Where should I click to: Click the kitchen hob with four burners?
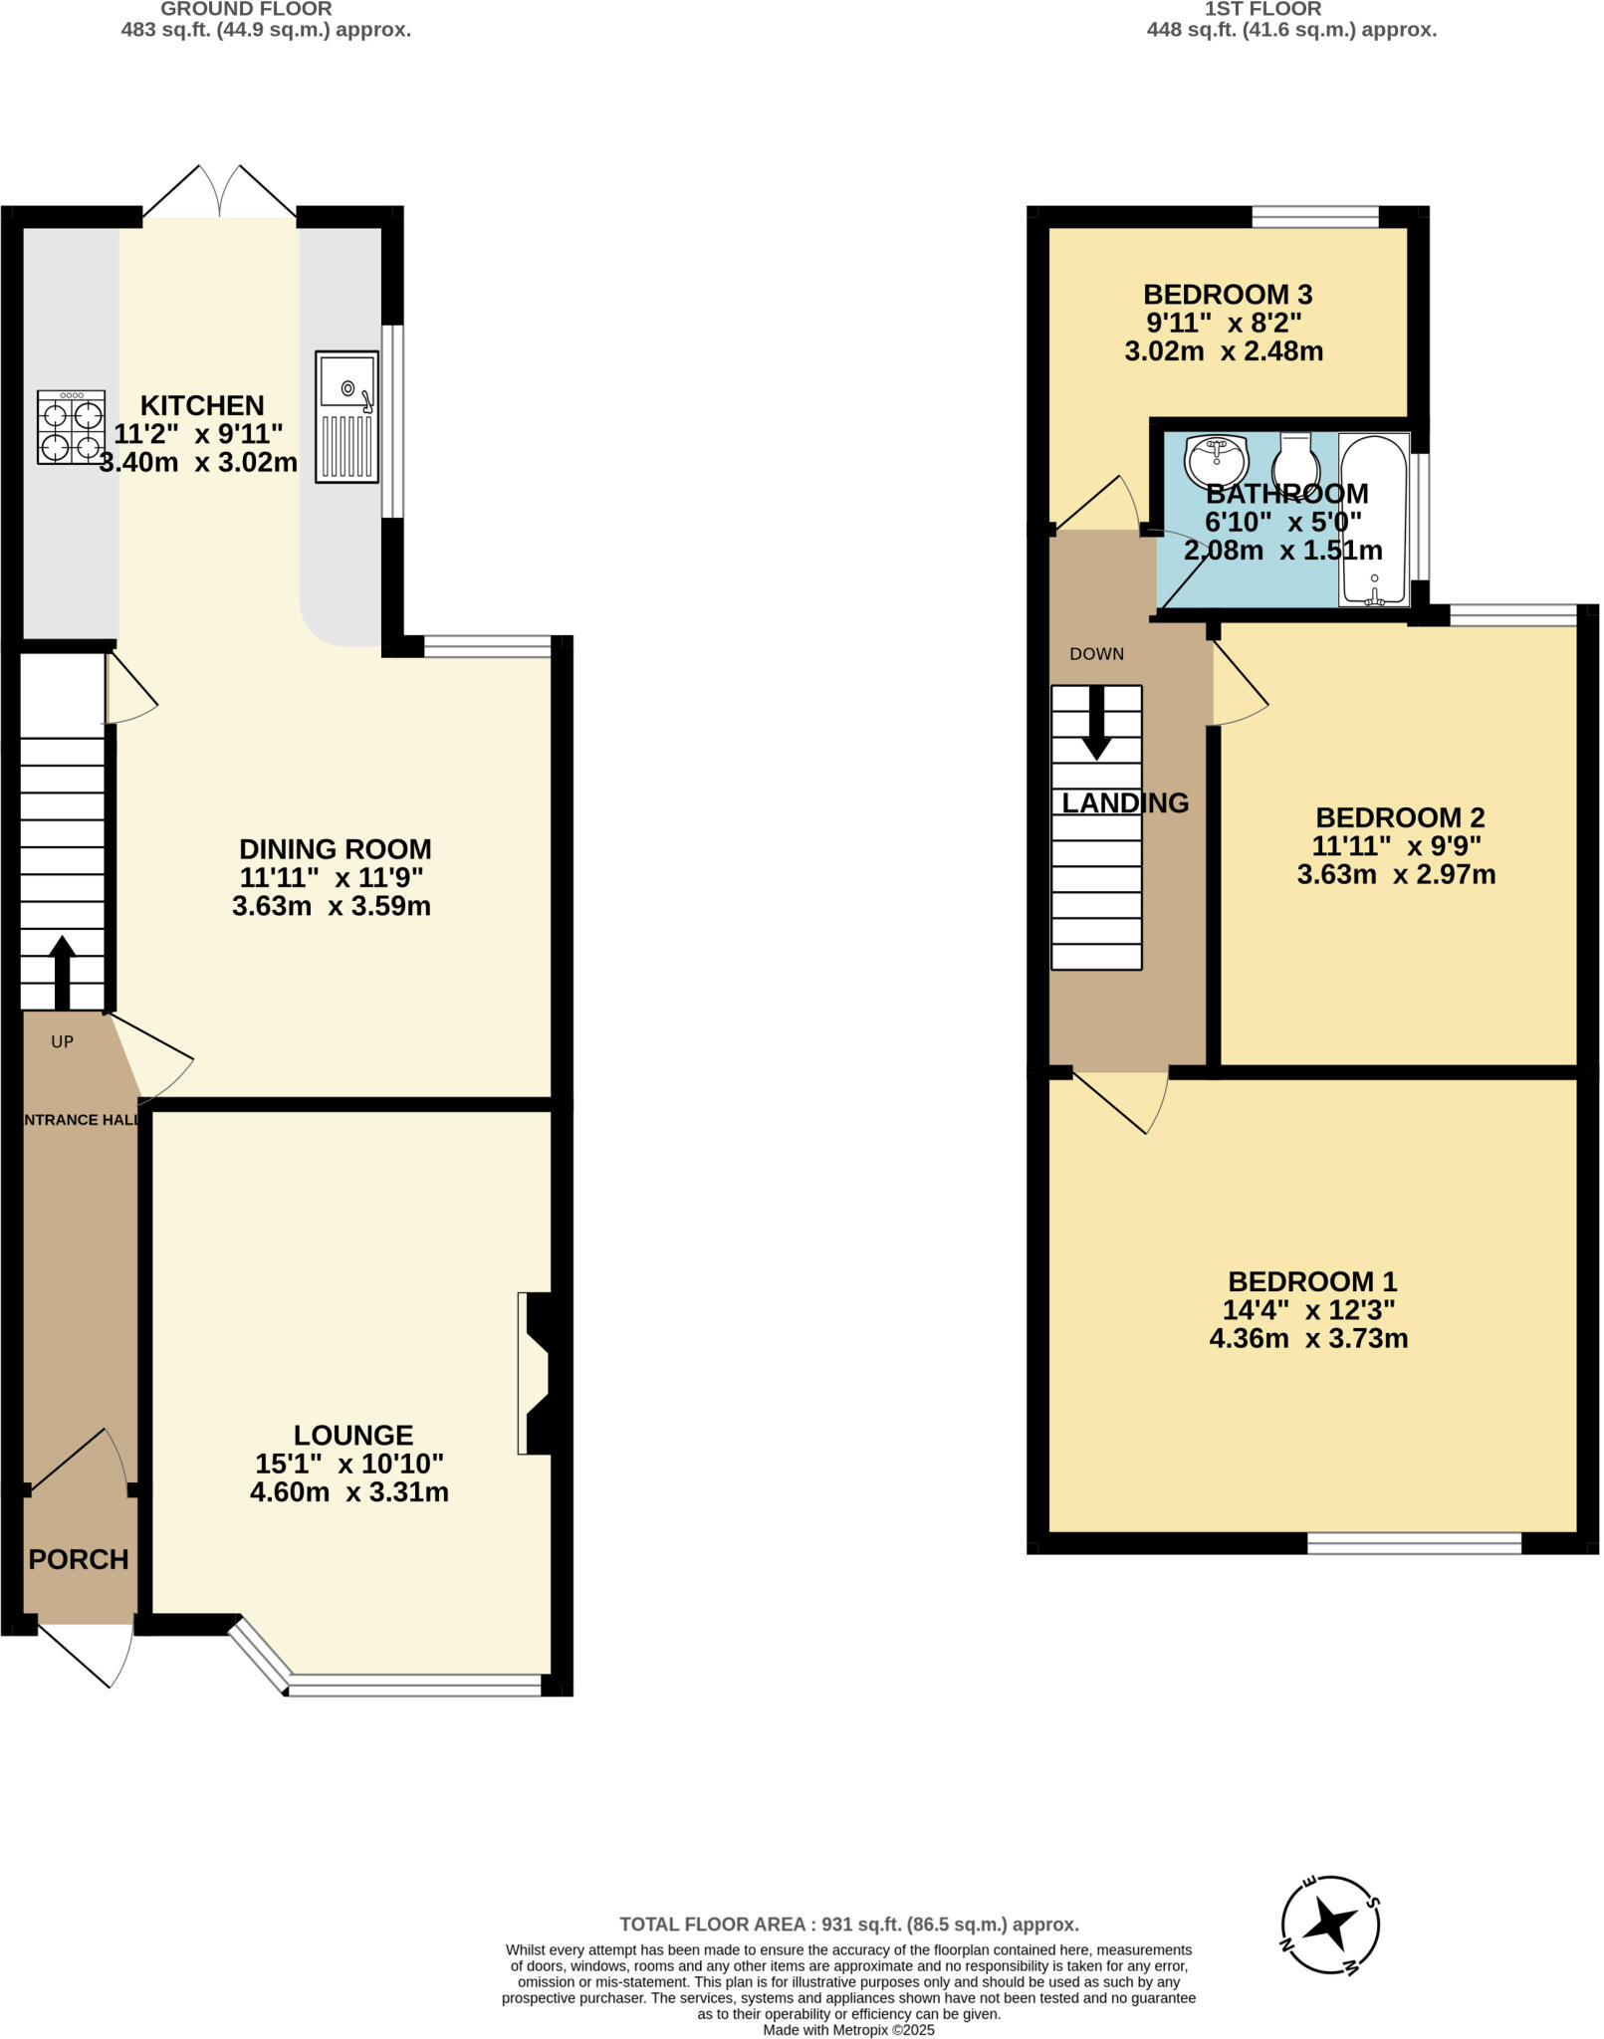71,427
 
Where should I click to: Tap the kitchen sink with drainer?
346,416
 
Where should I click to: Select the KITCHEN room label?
202,405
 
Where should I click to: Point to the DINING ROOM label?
335,849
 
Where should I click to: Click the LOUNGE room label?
352,1435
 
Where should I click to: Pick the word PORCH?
79,1559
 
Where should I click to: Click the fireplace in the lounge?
538,1374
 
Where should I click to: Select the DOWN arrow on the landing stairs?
1096,721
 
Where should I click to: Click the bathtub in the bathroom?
1373,519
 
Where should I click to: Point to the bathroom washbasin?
1216,461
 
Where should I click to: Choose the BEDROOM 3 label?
1227,295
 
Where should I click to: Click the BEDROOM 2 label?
1399,817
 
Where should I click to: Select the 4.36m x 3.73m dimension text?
1307,1338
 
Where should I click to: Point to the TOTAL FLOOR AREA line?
848,1925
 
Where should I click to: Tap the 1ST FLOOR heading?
1262,9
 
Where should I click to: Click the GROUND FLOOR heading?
246,9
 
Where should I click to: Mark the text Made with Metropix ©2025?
848,2029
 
